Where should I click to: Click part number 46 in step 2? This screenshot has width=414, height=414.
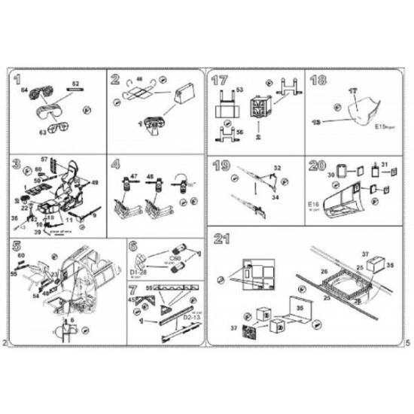139,78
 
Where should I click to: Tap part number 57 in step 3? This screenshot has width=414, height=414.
44,160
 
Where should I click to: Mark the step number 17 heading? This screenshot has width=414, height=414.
220,79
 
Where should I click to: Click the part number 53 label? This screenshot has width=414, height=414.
240,90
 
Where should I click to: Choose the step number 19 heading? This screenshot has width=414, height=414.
220,164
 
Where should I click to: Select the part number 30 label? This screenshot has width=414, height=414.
329,175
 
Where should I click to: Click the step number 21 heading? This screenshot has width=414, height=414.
221,241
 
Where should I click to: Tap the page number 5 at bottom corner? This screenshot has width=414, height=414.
406,343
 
